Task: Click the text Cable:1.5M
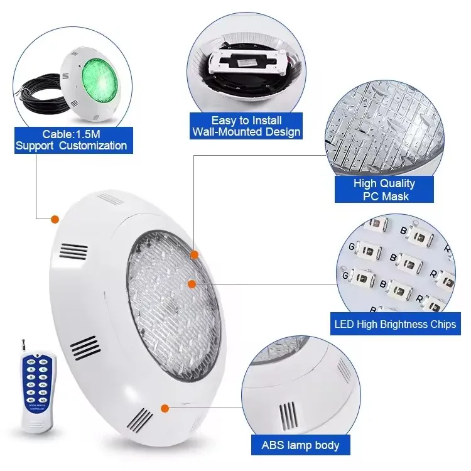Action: pyautogui.click(x=72, y=134)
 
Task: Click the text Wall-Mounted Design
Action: pyautogui.click(x=246, y=132)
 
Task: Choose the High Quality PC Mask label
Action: pyautogui.click(x=384, y=190)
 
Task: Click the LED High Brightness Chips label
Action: pyautogui.click(x=394, y=325)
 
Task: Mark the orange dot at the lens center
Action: pyautogui.click(x=192, y=284)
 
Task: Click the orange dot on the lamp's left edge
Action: pyautogui.click(x=55, y=219)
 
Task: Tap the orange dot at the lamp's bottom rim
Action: pyautogui.click(x=165, y=408)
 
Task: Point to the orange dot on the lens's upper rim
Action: pyautogui.click(x=194, y=254)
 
